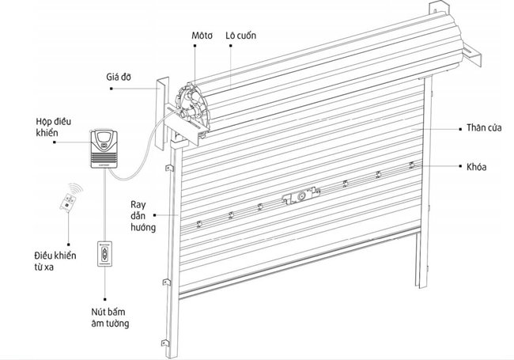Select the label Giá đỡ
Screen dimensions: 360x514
point(119,78)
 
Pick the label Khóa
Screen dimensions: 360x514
point(476,167)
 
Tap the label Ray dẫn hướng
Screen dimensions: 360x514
point(143,215)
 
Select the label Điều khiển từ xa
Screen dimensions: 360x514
point(55,263)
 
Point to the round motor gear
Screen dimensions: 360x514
point(191,101)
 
